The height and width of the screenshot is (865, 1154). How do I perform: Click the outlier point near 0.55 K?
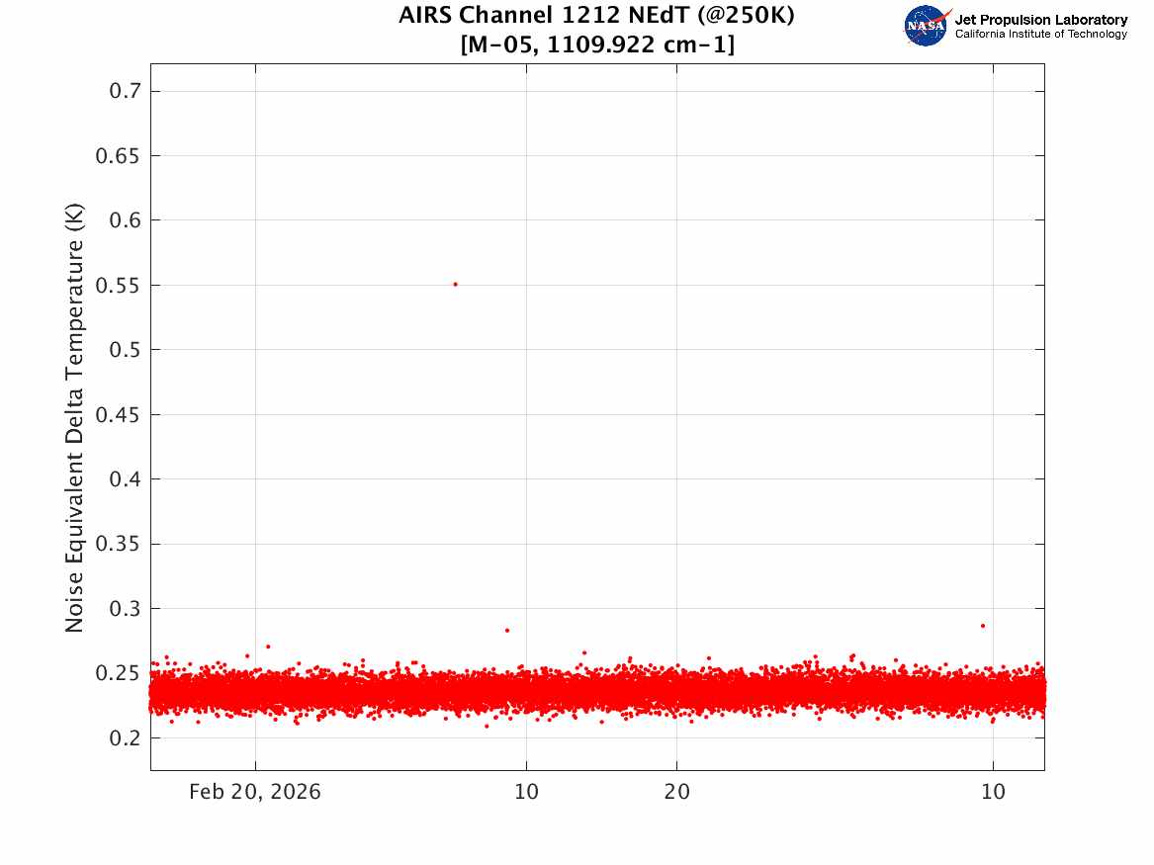[x=456, y=284]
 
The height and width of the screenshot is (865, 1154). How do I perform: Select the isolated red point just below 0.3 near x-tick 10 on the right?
[x=983, y=626]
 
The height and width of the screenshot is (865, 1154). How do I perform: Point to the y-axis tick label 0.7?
[x=125, y=91]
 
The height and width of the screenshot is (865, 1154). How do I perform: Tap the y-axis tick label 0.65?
[x=117, y=155]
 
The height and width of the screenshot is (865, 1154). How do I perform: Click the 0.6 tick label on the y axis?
[x=125, y=219]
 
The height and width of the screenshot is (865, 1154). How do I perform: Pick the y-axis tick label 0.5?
[x=125, y=349]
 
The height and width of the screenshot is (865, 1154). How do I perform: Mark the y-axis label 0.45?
[x=117, y=414]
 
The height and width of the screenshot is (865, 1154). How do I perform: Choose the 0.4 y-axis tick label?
[x=125, y=478]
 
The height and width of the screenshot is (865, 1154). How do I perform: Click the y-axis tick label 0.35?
[x=117, y=544]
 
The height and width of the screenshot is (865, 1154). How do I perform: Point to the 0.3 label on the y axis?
[x=125, y=608]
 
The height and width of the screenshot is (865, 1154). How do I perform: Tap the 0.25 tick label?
[x=117, y=673]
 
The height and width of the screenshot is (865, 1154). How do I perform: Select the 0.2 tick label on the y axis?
[x=125, y=737]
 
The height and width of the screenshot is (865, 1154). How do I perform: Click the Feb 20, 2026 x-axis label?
[x=255, y=792]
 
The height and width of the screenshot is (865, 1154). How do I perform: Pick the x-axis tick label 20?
[x=677, y=792]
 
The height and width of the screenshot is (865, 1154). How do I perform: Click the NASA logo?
[x=927, y=26]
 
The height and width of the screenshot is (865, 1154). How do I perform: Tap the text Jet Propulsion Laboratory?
[x=1040, y=20]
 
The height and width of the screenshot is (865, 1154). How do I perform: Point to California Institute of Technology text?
[x=1040, y=34]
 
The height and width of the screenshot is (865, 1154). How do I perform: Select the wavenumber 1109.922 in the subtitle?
[x=601, y=44]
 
